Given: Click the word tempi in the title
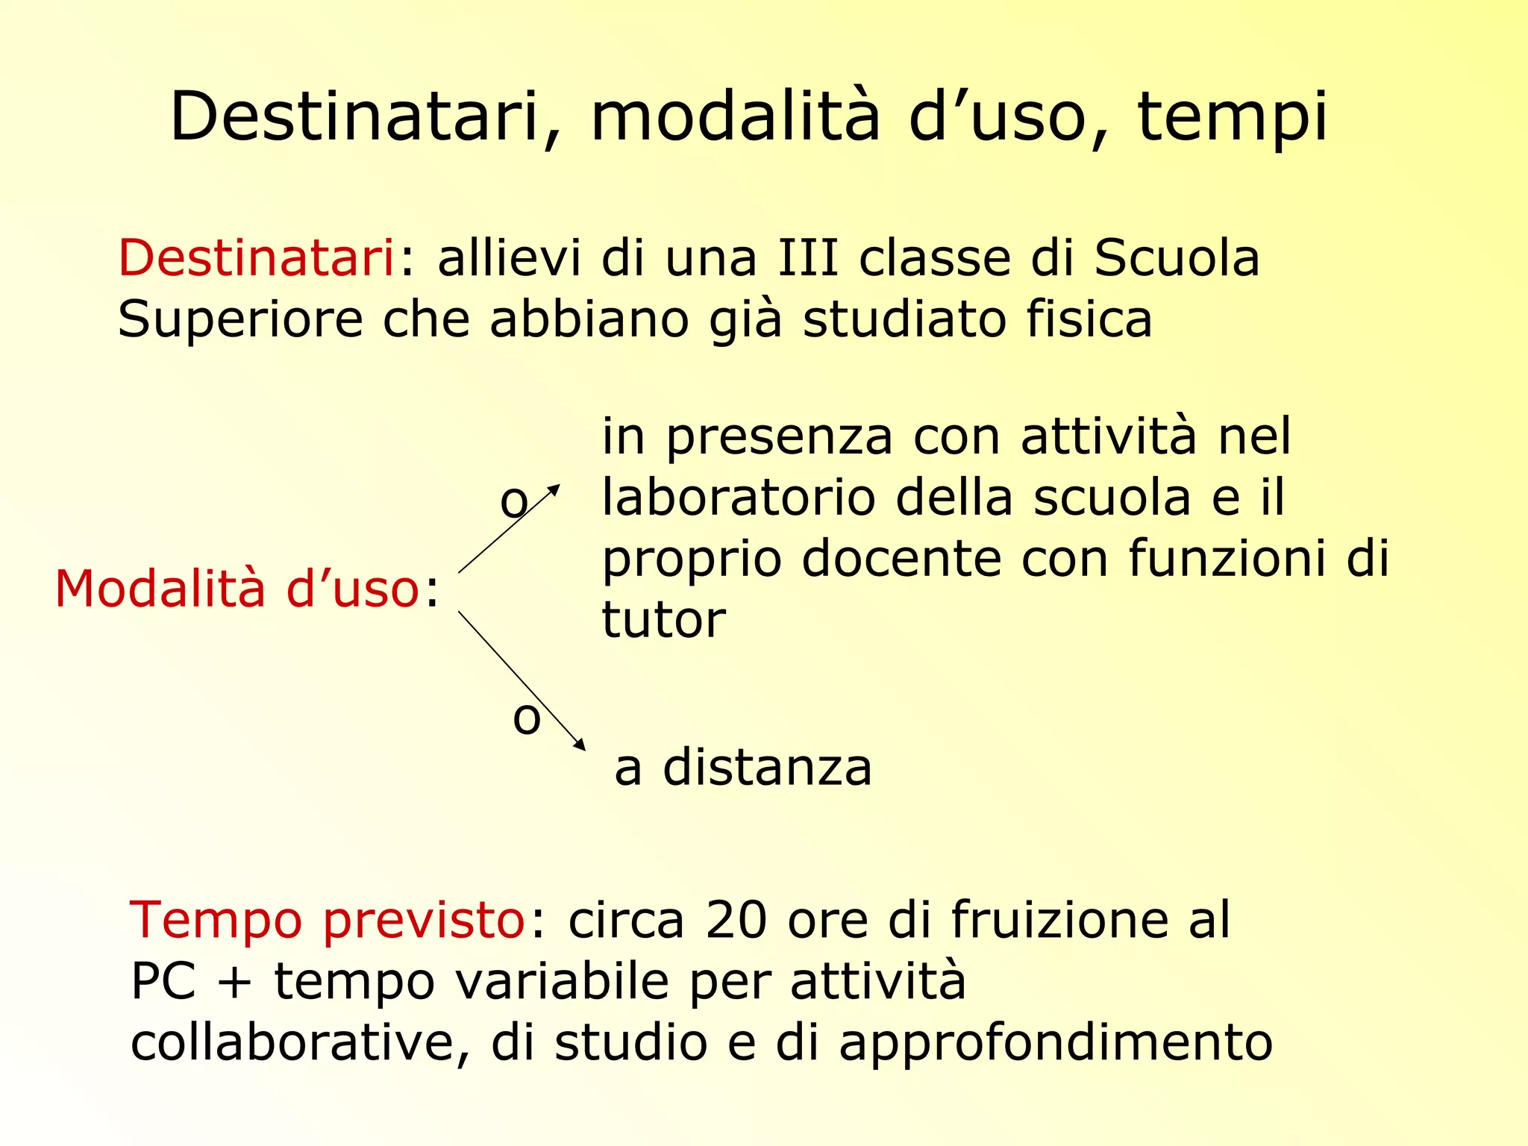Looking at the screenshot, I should [1232, 118].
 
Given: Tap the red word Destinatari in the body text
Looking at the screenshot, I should [256, 258].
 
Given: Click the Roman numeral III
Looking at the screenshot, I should [808, 258].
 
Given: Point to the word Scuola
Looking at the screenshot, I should [1177, 258].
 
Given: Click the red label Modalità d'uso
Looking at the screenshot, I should [237, 589].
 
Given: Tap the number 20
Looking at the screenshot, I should [736, 920].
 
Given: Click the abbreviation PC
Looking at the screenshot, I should [163, 981].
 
